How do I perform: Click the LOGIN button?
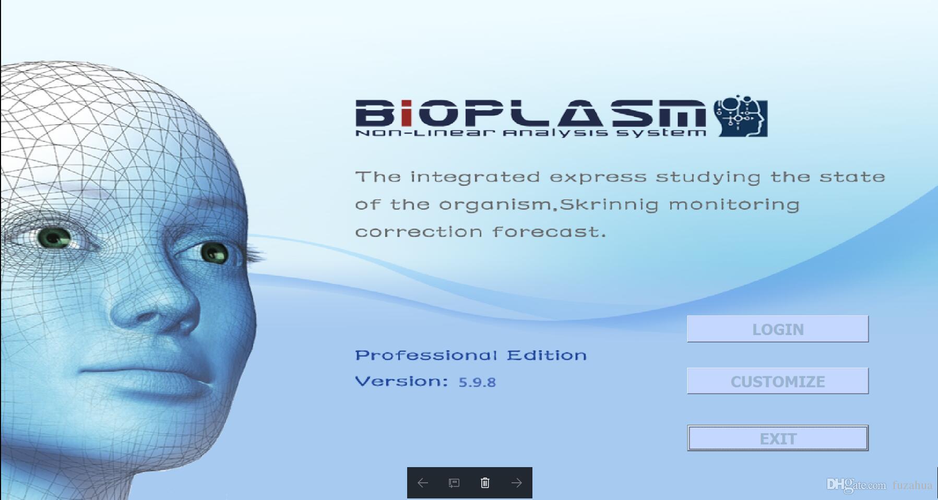coord(777,329)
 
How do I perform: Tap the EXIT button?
coord(777,438)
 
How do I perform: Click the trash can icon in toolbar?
coord(485,483)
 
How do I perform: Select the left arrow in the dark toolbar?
coord(423,483)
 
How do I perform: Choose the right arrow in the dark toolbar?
coord(516,483)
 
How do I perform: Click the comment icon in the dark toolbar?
coord(454,483)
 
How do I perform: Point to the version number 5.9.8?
coord(477,382)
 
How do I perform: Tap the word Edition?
coord(547,355)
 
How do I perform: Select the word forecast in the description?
coord(549,232)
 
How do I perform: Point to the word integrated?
coord(475,177)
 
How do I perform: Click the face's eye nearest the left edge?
coord(54,238)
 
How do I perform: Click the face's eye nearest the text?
coord(214,253)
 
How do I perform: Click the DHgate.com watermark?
coord(857,485)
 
